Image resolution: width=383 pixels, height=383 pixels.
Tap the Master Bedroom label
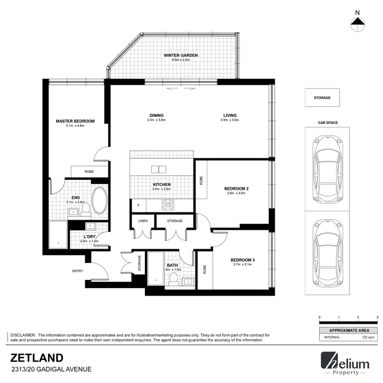click(x=76, y=121)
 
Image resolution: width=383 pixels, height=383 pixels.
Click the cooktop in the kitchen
click(x=169, y=205)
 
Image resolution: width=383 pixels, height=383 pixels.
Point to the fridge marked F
click(x=138, y=205)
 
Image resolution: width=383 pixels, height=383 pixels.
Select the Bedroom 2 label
click(x=236, y=189)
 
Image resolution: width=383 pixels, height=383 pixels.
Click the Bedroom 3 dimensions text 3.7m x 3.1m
click(x=243, y=265)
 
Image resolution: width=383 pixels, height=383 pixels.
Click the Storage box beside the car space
click(x=322, y=98)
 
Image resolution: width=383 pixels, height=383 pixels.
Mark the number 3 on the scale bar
click(x=377, y=318)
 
